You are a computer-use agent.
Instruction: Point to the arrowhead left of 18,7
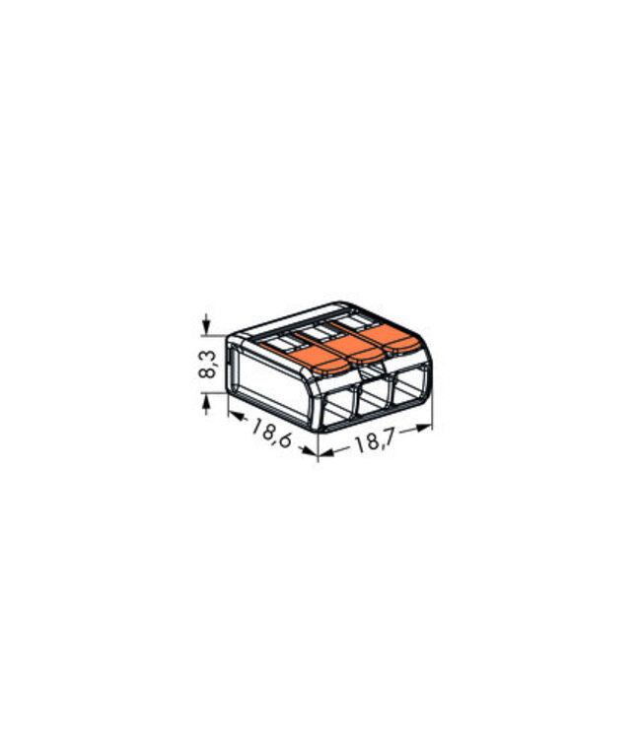(325, 452)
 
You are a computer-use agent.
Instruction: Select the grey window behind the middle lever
(320, 331)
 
